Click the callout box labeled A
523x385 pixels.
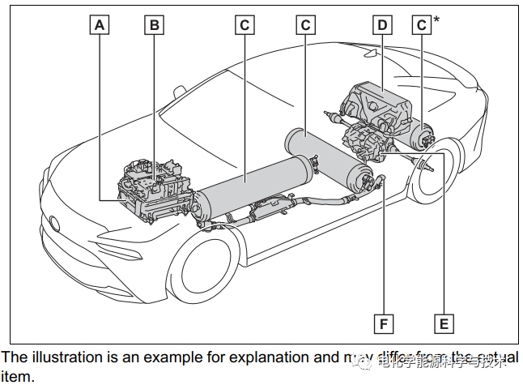(x=99, y=25)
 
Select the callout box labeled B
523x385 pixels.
(x=153, y=25)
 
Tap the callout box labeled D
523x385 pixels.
(x=383, y=25)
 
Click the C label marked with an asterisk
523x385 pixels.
(x=422, y=25)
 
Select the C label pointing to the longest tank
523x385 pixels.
(x=244, y=25)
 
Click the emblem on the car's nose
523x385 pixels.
(x=54, y=223)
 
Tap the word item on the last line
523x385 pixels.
(x=16, y=376)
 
